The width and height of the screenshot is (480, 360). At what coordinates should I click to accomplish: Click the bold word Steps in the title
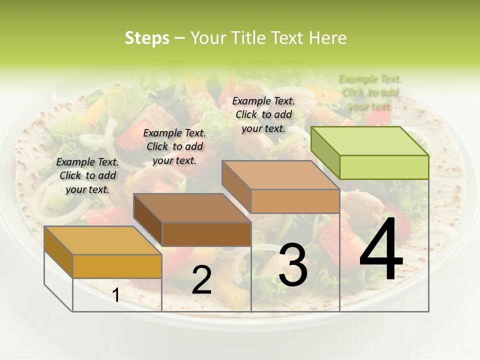pyautogui.click(x=147, y=38)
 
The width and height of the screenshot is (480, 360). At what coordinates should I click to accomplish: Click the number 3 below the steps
pyautogui.click(x=292, y=265)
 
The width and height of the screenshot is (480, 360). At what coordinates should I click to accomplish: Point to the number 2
pyautogui.click(x=201, y=280)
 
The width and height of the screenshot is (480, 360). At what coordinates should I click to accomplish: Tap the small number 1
pyautogui.click(x=116, y=295)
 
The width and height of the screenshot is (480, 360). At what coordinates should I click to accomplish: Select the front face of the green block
pyautogui.click(x=384, y=167)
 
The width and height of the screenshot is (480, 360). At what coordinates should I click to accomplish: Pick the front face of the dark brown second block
pyautogui.click(x=206, y=234)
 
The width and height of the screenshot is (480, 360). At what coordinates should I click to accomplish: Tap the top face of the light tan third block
pyautogui.click(x=280, y=175)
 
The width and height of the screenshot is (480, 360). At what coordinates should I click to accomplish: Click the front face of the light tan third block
pyautogui.click(x=295, y=201)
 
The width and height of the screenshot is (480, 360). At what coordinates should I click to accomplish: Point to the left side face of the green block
pyautogui.click(x=325, y=152)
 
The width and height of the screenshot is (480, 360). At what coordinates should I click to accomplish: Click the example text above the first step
pyautogui.click(x=87, y=175)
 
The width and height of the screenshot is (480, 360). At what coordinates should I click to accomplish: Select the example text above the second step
pyautogui.click(x=174, y=146)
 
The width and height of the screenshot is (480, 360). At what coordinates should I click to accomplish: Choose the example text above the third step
pyautogui.click(x=263, y=114)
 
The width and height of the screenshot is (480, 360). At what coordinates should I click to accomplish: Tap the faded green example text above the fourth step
pyautogui.click(x=370, y=92)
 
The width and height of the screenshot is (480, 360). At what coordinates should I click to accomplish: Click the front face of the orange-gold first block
pyautogui.click(x=117, y=266)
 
